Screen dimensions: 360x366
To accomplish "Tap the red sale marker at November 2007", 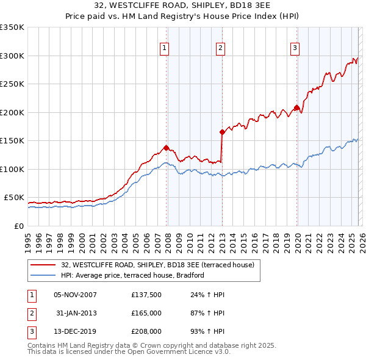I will point(166,147).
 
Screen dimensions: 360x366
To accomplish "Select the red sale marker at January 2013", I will point(222,131).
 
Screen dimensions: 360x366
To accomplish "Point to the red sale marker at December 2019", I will point(296,108).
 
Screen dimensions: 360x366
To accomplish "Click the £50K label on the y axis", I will point(15,198).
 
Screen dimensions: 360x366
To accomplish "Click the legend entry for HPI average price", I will point(132,276).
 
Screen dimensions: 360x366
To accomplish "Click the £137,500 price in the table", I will point(146,295).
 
